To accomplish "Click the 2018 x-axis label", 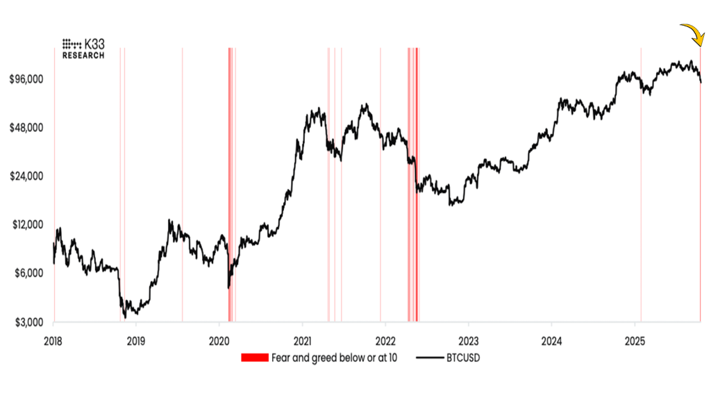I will (53, 342).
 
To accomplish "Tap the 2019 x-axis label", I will (136, 342).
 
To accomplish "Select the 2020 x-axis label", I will (219, 342).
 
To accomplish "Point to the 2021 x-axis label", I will (303, 342).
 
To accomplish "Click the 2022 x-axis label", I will (385, 342).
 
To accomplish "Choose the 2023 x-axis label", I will (469, 342).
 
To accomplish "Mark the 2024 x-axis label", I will (551, 342).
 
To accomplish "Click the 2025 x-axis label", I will (635, 342).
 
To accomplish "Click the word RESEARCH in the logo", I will (83, 56).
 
